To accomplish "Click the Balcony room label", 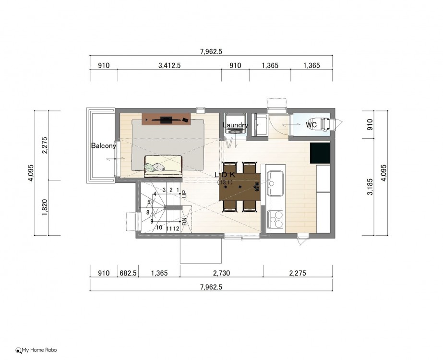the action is pyautogui.click(x=103, y=146).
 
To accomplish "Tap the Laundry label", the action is pyautogui.click(x=235, y=125).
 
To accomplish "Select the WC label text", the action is pyautogui.click(x=311, y=124).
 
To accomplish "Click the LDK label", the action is pyautogui.click(x=225, y=175).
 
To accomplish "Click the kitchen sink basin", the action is pyautogui.click(x=275, y=183).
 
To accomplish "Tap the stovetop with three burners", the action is pyautogui.click(x=275, y=219).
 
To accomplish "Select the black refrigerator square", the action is pyautogui.click(x=320, y=153).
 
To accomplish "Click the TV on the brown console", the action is pyautogui.click(x=166, y=120).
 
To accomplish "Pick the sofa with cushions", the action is pyautogui.click(x=163, y=166).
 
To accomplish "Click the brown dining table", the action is pyautogui.click(x=239, y=187).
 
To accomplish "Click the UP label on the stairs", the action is pyautogui.click(x=184, y=194).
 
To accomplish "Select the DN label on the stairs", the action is pyautogui.click(x=184, y=222).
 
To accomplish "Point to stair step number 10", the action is pyautogui.click(x=159, y=228).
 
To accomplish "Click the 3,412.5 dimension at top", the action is pyautogui.click(x=169, y=66).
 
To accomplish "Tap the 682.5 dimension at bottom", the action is pyautogui.click(x=128, y=273).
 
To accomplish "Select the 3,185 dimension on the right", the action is pyautogui.click(x=370, y=187).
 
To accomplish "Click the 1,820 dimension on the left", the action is pyautogui.click(x=45, y=208).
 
